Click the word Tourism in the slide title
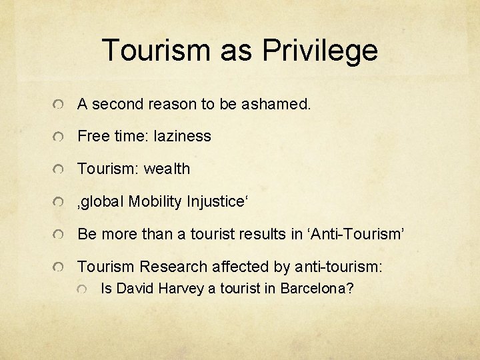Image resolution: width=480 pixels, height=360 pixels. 157,51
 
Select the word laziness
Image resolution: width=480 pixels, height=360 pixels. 182,136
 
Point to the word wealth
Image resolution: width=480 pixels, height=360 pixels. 167,169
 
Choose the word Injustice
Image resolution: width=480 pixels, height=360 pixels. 217,201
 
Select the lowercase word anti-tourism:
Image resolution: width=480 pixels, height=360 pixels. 338,267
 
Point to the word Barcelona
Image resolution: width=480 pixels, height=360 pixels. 317,289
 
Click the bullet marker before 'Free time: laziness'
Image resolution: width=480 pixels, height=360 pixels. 60,137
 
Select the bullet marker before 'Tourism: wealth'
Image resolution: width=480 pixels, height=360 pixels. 60,170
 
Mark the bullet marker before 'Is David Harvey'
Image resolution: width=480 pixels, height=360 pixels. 82,290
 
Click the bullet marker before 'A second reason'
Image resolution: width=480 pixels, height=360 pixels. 60,105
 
